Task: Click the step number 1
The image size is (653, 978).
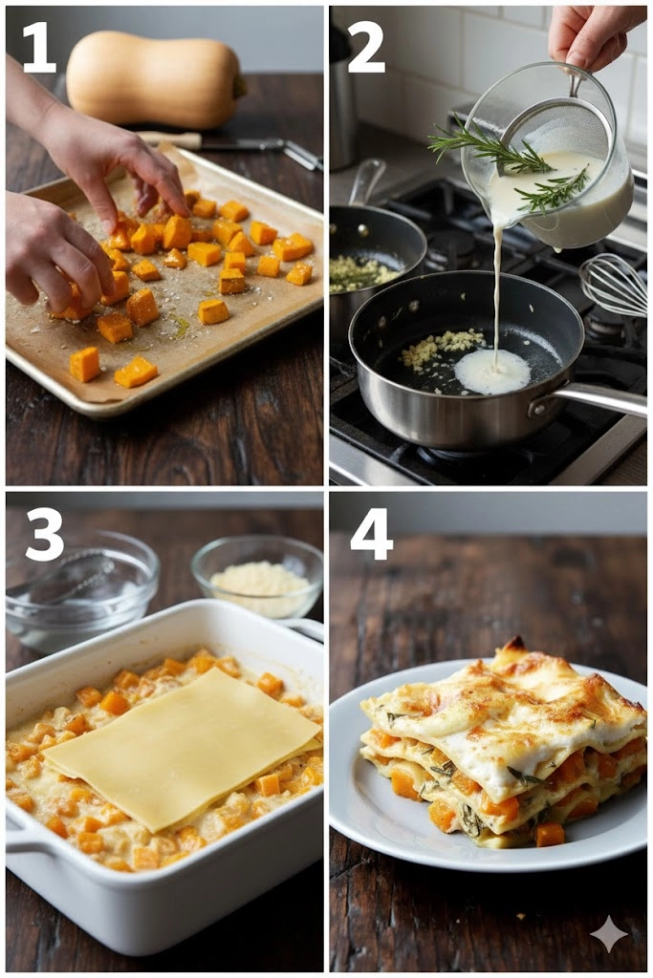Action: pyautogui.click(x=39, y=46)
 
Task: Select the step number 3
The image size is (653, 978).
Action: pyautogui.click(x=44, y=534)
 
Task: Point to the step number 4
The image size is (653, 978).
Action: pyautogui.click(x=372, y=534)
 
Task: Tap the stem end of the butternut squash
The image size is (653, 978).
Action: pyautogui.click(x=239, y=86)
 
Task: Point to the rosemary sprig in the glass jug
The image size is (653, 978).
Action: pyautogui.click(x=509, y=163)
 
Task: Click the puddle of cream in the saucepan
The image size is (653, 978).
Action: pyautogui.click(x=492, y=372)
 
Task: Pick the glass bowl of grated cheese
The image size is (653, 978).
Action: pyautogui.click(x=256, y=577)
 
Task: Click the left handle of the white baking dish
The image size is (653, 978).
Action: pyautogui.click(x=25, y=833)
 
